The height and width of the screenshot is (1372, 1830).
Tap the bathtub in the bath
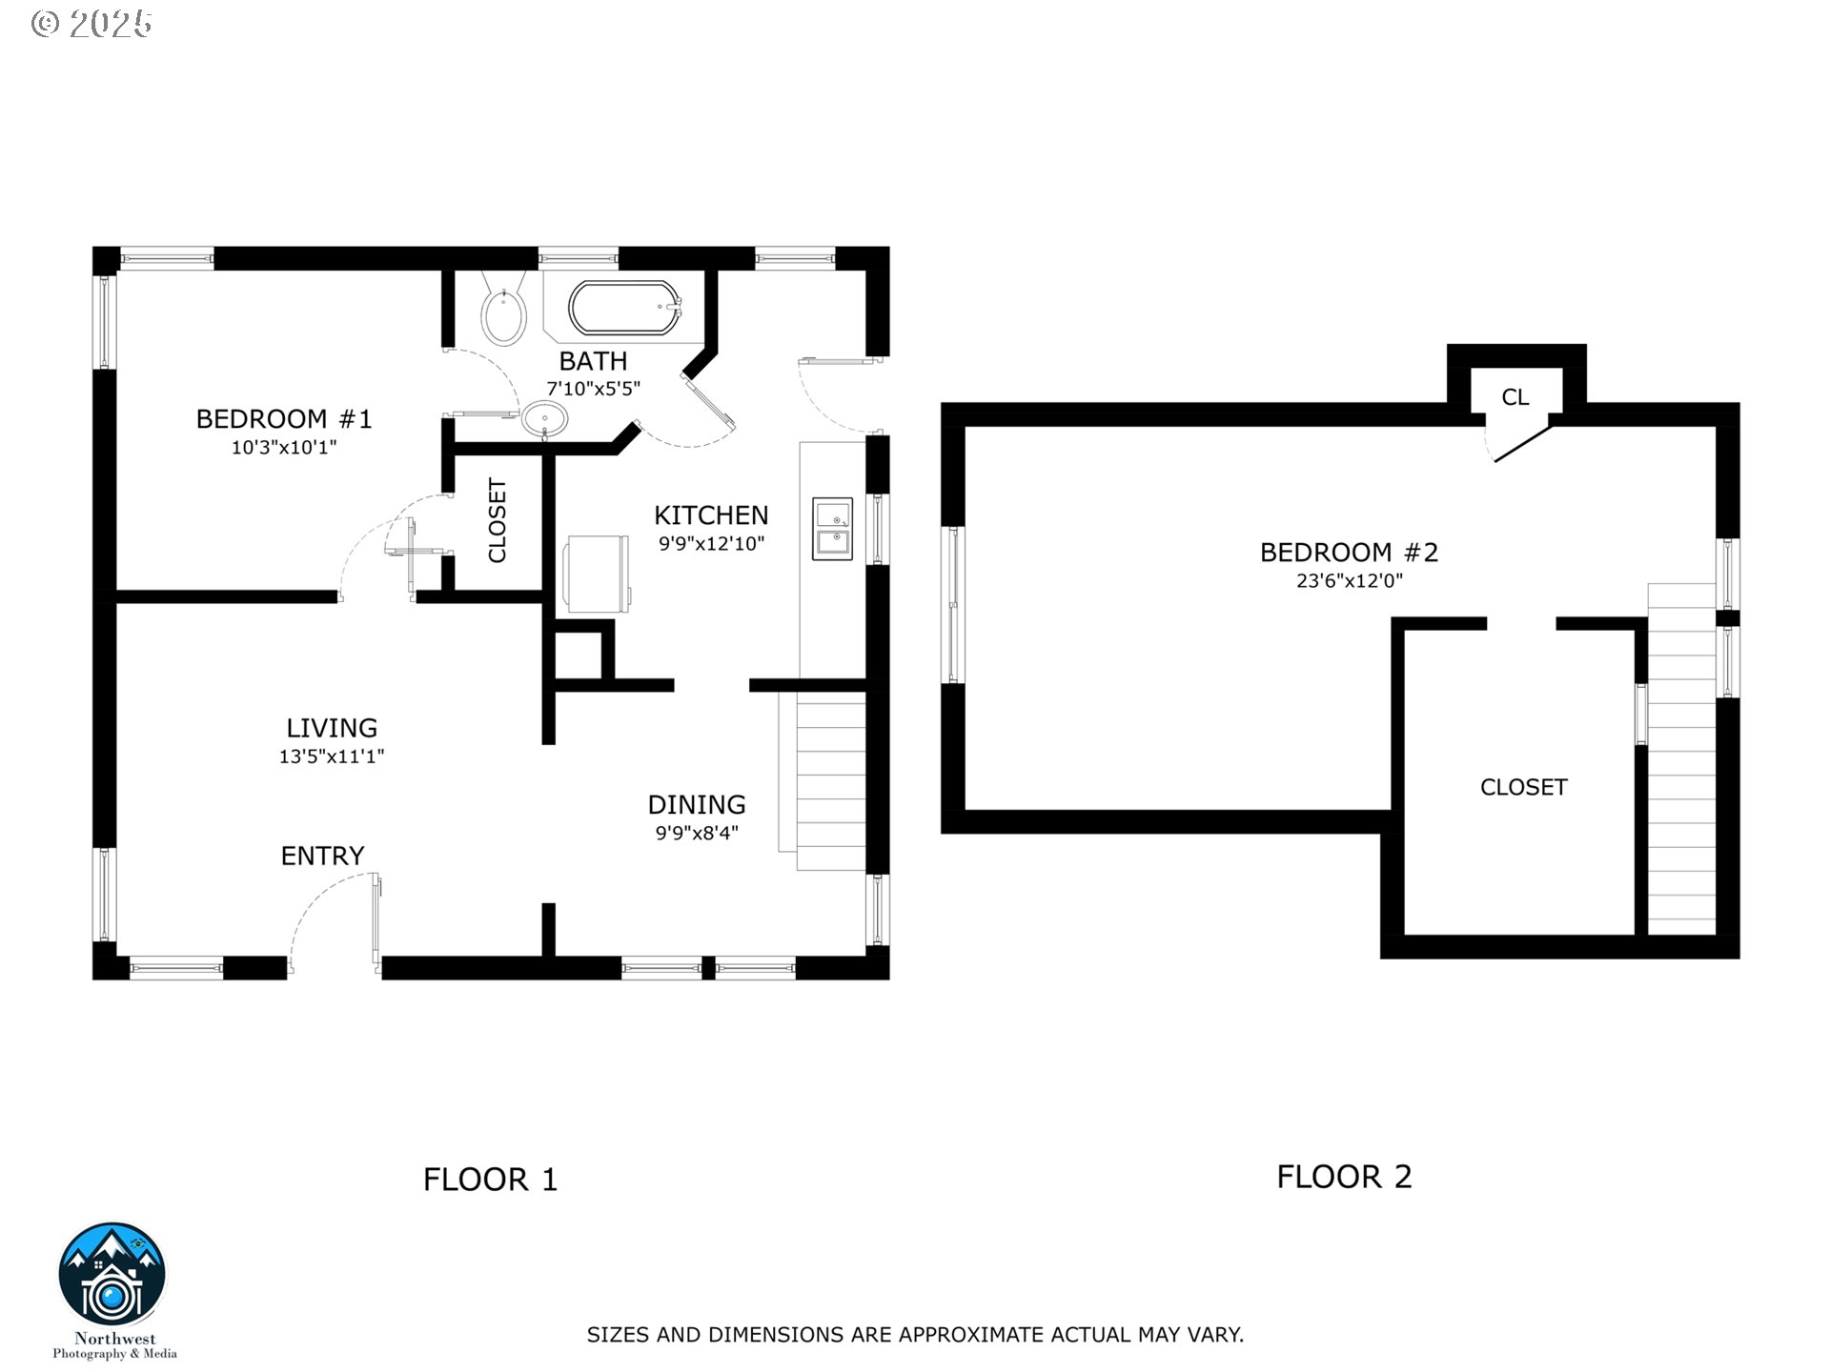point(625,308)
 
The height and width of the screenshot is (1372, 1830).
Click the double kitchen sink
point(832,529)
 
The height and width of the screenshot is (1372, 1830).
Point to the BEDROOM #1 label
point(284,419)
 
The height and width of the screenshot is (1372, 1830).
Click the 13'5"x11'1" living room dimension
point(332,757)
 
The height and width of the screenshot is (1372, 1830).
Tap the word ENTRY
point(322,856)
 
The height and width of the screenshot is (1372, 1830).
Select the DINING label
point(697,804)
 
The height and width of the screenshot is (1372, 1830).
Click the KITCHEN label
point(711,515)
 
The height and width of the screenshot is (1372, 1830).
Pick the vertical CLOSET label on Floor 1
point(498,520)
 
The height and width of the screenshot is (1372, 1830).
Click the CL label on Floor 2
point(1515,397)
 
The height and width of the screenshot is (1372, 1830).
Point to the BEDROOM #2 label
point(1349,553)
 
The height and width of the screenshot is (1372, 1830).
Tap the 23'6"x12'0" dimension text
point(1350,581)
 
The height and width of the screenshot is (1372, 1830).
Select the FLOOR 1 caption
point(491,1180)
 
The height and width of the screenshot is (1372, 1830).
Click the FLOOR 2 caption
point(1344,1177)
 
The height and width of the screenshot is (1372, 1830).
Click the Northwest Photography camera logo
point(112,1276)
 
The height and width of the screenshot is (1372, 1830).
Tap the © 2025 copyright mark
point(91,24)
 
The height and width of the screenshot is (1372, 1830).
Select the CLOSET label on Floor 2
point(1523,787)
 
